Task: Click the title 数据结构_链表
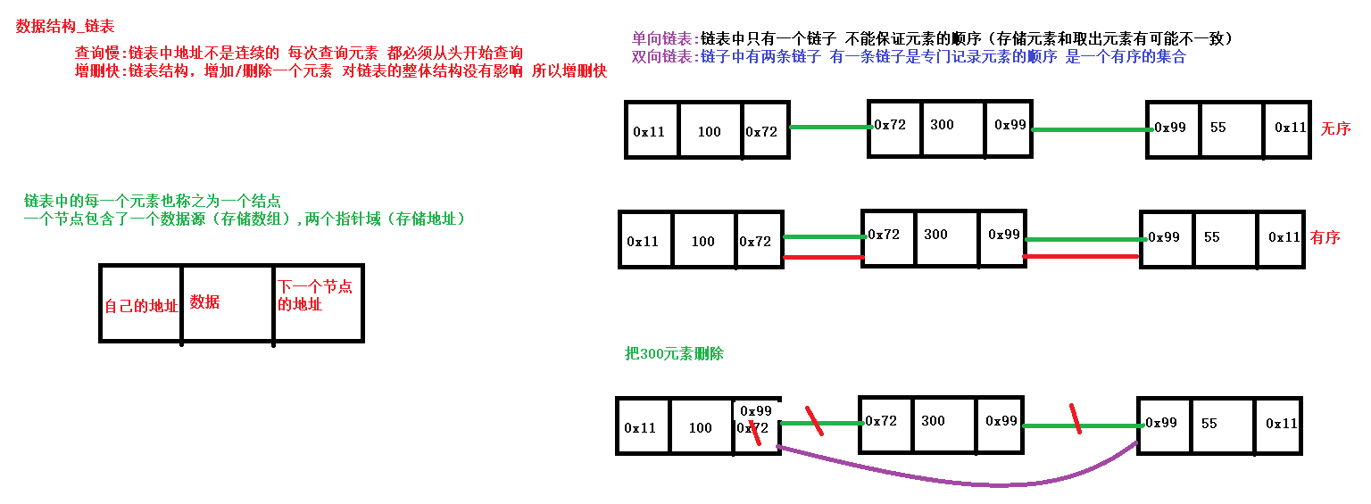[65, 27]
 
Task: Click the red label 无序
[1335, 128]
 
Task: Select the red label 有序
[1325, 238]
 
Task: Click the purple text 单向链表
[663, 38]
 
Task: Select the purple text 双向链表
[663, 56]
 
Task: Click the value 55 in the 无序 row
[1217, 127]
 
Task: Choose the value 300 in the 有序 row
[935, 234]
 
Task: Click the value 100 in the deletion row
[700, 427]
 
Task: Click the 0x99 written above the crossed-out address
[756, 410]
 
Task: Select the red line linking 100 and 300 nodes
[822, 257]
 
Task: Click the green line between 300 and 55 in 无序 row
[1090, 130]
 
